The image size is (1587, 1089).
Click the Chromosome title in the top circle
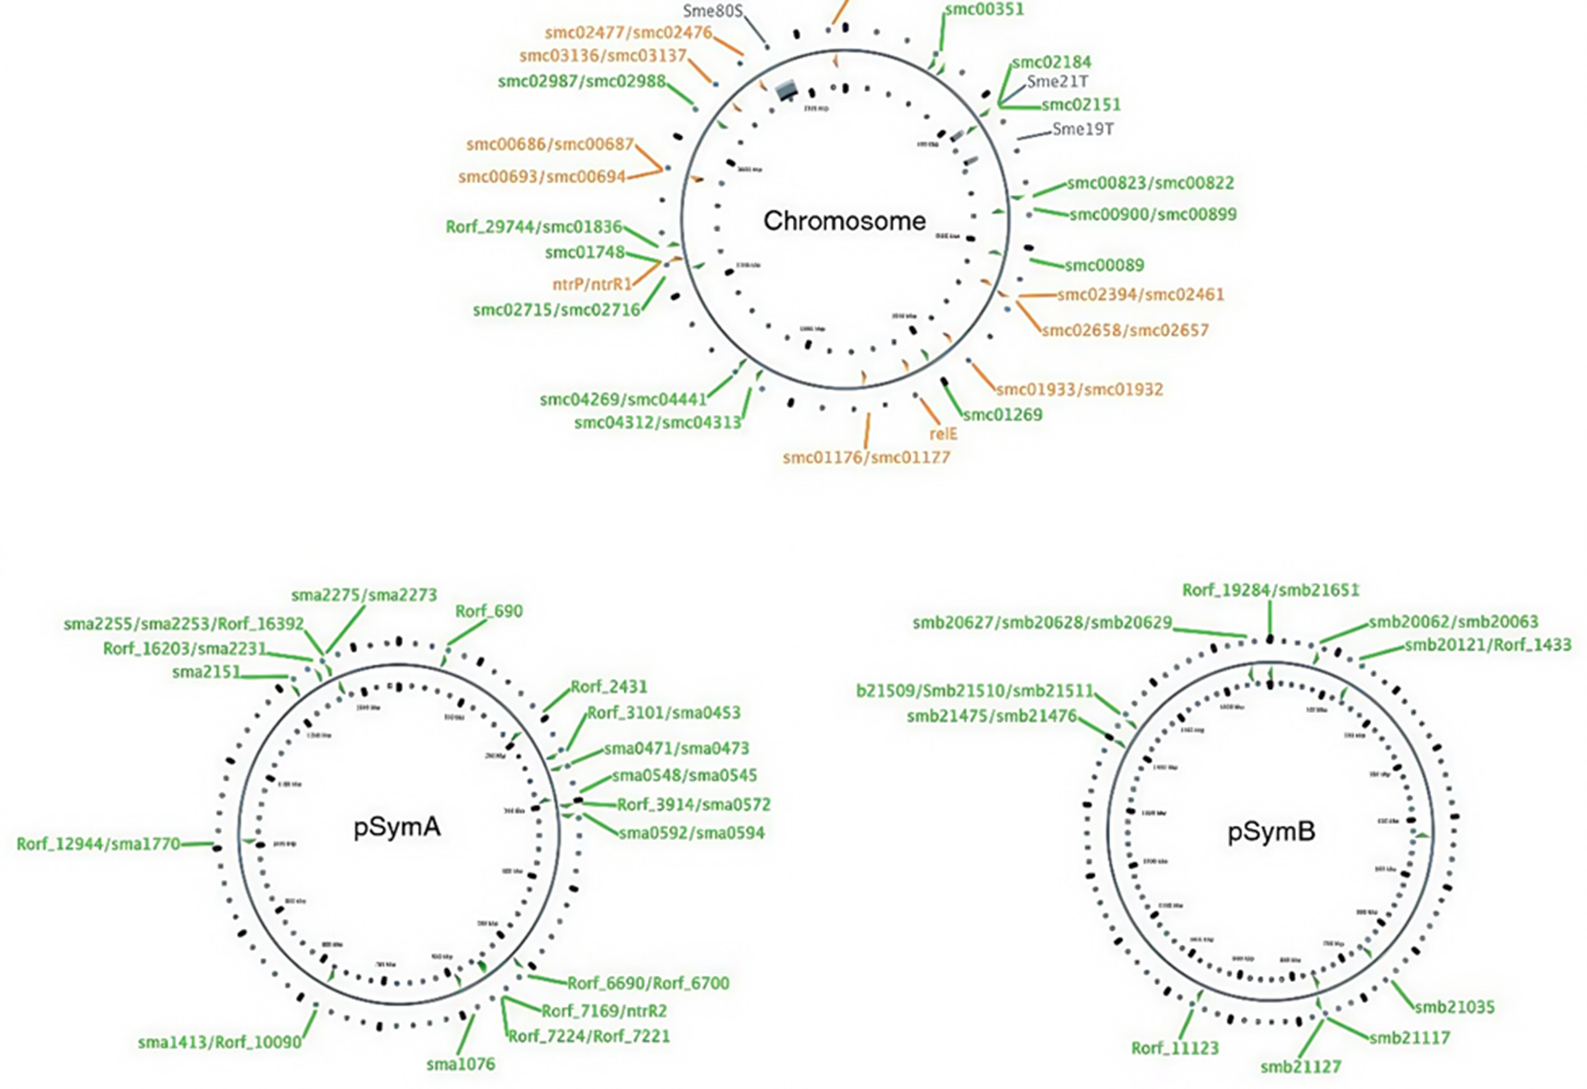pyautogui.click(x=844, y=221)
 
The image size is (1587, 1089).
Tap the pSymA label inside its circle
pyautogui.click(x=397, y=827)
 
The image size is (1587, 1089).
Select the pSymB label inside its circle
pyautogui.click(x=1271, y=832)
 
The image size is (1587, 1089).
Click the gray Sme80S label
pyautogui.click(x=713, y=11)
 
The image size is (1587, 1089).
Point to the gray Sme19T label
pyautogui.click(x=1082, y=129)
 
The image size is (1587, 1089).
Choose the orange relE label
pyautogui.click(x=943, y=434)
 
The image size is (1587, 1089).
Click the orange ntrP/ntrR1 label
pyautogui.click(x=592, y=284)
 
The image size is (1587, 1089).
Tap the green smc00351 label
pyautogui.click(x=984, y=10)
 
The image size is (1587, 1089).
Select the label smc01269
pyautogui.click(x=1002, y=415)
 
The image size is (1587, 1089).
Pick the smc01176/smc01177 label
pyautogui.click(x=866, y=457)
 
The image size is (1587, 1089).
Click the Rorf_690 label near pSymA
pyautogui.click(x=489, y=612)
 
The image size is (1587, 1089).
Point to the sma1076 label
pyautogui.click(x=460, y=1064)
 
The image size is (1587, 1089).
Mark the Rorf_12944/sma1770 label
pyautogui.click(x=98, y=844)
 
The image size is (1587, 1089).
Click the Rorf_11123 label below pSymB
pyautogui.click(x=1174, y=1048)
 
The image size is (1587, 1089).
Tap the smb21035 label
pyautogui.click(x=1454, y=1007)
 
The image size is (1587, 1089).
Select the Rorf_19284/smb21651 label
pyautogui.click(x=1270, y=591)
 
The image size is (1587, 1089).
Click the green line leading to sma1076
pyautogui.click(x=466, y=1034)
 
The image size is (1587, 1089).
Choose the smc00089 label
pyautogui.click(x=1104, y=265)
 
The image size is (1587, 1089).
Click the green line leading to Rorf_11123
pyautogui.click(x=1187, y=1023)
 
